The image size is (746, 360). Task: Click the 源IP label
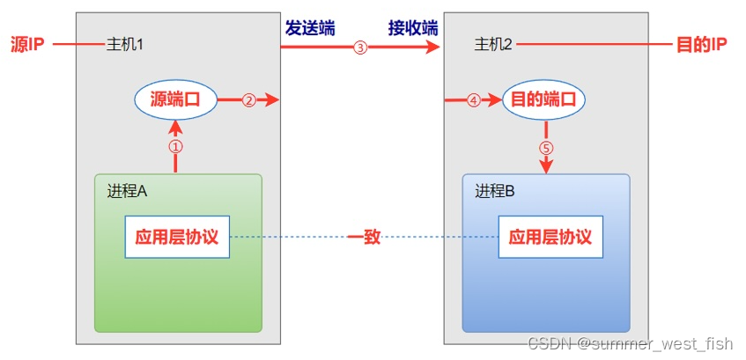[27, 45]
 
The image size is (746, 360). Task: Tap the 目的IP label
[701, 45]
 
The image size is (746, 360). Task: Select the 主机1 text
[124, 45]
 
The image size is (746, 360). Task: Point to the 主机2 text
[493, 45]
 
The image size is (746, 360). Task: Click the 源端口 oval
[176, 99]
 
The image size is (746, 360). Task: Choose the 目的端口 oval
[543, 99]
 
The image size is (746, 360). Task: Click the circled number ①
[175, 145]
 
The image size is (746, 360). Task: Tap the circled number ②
[248, 100]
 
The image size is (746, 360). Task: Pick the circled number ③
[359, 48]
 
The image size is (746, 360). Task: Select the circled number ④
[473, 100]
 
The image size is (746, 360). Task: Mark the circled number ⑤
[546, 148]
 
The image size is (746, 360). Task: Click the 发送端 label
[309, 27]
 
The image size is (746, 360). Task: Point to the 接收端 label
[413, 27]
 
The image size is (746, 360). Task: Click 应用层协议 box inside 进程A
[177, 237]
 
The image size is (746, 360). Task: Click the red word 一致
[363, 237]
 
